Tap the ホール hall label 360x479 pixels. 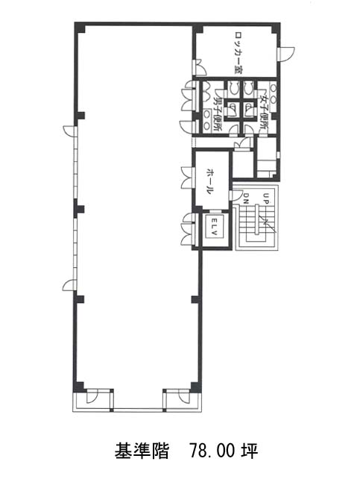(x=209, y=181)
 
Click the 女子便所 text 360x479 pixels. (x=263, y=110)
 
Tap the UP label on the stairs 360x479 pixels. (x=265, y=198)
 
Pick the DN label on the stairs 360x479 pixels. (x=246, y=198)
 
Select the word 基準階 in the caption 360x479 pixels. (x=142, y=451)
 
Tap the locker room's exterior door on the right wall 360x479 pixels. (x=286, y=54)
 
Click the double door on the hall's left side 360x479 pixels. (x=187, y=178)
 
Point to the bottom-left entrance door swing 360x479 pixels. (x=92, y=397)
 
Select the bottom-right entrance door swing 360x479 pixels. (x=184, y=397)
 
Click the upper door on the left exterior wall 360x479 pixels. (x=70, y=131)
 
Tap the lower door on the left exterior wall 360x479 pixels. (x=70, y=285)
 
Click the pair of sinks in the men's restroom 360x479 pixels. (x=207, y=120)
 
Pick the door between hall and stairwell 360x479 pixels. (x=236, y=195)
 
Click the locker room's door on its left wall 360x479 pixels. (x=200, y=68)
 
